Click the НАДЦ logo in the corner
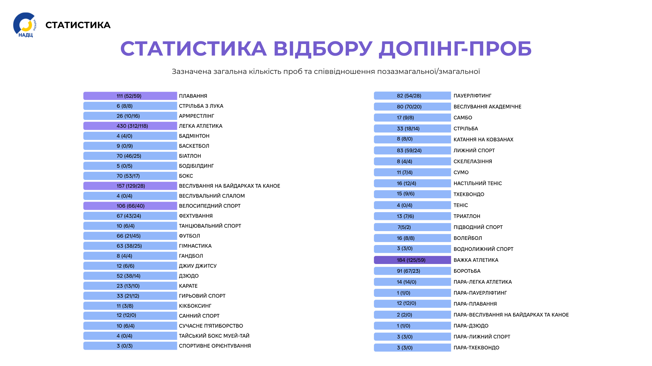pyautogui.click(x=25, y=25)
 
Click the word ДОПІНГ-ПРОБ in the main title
pyautogui.click(x=455, y=48)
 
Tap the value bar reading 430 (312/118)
pyautogui.click(x=130, y=126)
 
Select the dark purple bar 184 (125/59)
pyautogui.click(x=412, y=260)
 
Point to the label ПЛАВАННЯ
pyautogui.click(x=193, y=96)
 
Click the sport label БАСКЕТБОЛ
pyautogui.click(x=194, y=146)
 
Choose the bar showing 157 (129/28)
pyautogui.click(x=130, y=186)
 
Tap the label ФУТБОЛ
pyautogui.click(x=189, y=236)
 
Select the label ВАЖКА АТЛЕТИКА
pyautogui.click(x=476, y=260)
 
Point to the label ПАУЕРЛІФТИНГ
pyautogui.click(x=472, y=96)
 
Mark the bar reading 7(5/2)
pyautogui.click(x=412, y=227)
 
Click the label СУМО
pyautogui.click(x=461, y=172)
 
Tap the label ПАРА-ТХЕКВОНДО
pyautogui.click(x=476, y=348)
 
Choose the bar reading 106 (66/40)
pyautogui.click(x=130, y=206)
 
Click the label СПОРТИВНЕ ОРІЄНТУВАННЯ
pyautogui.click(x=215, y=346)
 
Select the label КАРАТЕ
pyautogui.click(x=188, y=286)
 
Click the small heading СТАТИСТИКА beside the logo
pyautogui.click(x=78, y=25)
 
